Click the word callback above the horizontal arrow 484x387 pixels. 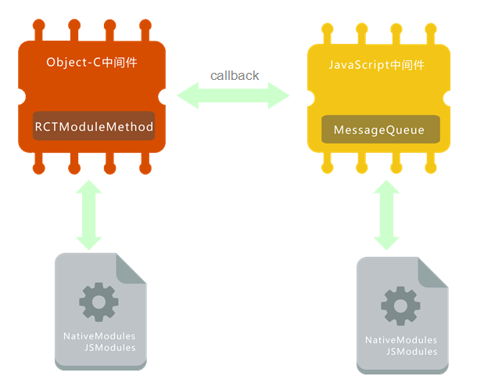click(x=235, y=76)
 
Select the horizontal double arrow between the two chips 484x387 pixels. click(x=233, y=96)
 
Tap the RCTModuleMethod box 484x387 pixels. click(x=94, y=126)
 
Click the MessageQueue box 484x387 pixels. click(x=380, y=130)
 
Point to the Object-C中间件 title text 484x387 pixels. click(x=93, y=62)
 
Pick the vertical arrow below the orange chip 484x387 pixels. click(x=88, y=214)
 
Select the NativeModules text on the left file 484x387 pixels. click(x=99, y=336)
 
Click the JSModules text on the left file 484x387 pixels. click(x=110, y=347)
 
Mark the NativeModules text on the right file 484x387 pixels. click(x=401, y=340)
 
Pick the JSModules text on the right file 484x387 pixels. click(x=412, y=352)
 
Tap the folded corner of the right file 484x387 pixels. click(x=433, y=271)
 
